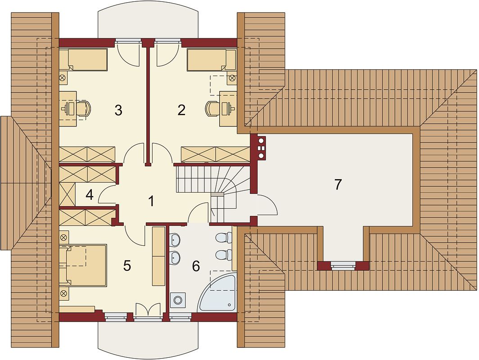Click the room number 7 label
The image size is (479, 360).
(x=338, y=184)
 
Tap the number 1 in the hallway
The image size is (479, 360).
(x=151, y=202)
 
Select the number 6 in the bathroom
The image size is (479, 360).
(x=196, y=266)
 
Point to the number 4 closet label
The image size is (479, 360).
(x=90, y=195)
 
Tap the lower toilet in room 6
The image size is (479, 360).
(x=223, y=254)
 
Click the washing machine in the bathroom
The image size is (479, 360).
(x=177, y=300)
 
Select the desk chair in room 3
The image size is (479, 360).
(x=84, y=108)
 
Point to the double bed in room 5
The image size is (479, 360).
(x=83, y=265)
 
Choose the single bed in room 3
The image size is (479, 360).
(x=83, y=59)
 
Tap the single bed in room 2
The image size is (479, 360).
(x=212, y=59)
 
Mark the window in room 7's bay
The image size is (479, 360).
(x=343, y=265)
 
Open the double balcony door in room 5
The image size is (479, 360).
(x=148, y=311)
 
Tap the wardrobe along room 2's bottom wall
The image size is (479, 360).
(x=215, y=154)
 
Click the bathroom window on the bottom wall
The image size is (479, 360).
(x=181, y=317)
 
